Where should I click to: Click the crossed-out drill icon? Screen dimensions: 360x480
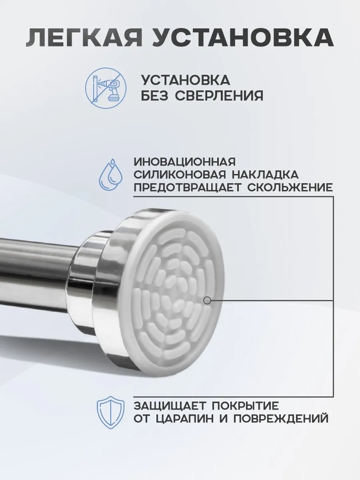click(106, 88)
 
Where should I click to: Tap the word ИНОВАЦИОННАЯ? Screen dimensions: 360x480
click(185, 162)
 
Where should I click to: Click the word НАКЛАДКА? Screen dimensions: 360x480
click(265, 175)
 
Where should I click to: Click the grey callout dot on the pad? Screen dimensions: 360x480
click(207, 300)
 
